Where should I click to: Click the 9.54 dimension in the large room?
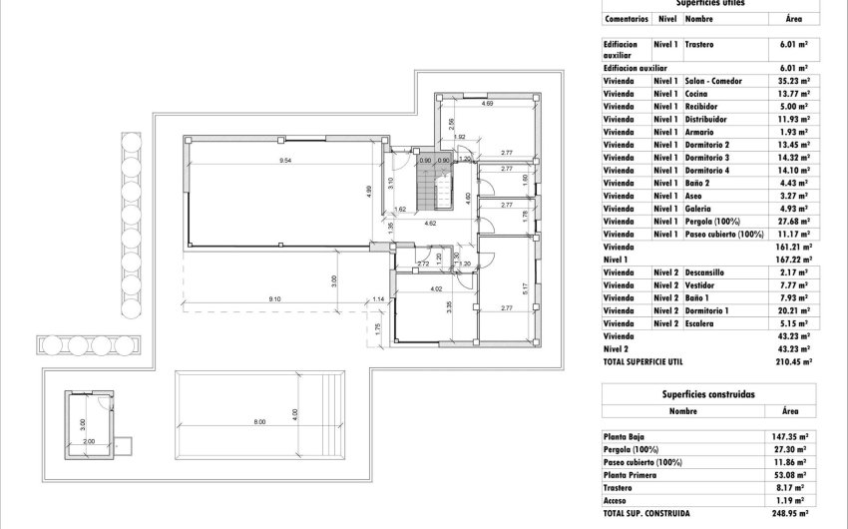pos(284,161)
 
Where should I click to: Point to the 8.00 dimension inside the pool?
pos(259,422)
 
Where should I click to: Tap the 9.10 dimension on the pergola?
pos(273,298)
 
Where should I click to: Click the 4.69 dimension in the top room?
pos(487,104)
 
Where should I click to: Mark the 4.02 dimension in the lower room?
pos(435,289)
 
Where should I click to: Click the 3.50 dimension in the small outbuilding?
pos(83,422)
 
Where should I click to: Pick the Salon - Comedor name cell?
pos(715,80)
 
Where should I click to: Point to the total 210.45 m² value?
pos(792,363)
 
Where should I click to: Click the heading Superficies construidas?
pos(706,394)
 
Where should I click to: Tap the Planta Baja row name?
pos(624,436)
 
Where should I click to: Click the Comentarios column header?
pos(626,18)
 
